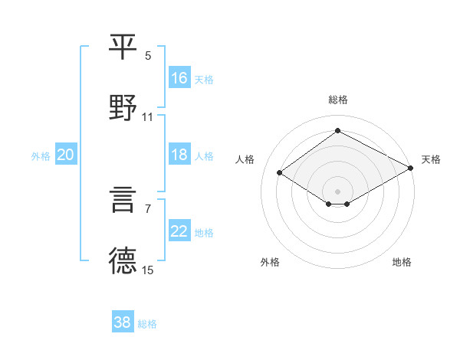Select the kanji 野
(124, 107)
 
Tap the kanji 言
(124, 201)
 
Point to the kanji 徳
(124, 260)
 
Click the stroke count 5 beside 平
(148, 56)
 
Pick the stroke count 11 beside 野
(148, 116)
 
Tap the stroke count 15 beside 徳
(148, 270)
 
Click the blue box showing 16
(179, 78)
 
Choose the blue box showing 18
(179, 155)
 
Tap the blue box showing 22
(179, 231)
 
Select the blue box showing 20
(66, 155)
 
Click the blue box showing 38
(123, 322)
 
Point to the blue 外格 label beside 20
(41, 156)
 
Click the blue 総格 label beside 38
(147, 324)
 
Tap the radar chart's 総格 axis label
(338, 100)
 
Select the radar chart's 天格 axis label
(431, 159)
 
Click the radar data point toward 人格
(280, 173)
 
